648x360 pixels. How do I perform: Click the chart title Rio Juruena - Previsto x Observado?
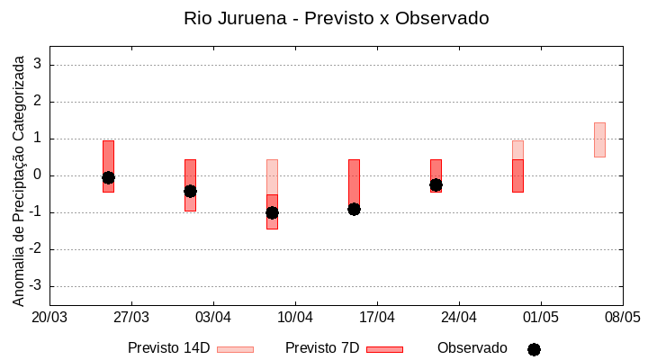pos(336,18)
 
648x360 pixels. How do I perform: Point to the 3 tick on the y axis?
pos(38,65)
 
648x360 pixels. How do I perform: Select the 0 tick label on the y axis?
pos(38,175)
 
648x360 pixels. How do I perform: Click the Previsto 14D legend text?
pos(168,348)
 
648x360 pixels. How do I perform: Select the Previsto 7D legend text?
pos(322,348)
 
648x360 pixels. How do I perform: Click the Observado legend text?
pos(472,348)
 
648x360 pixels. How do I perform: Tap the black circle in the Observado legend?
pos(534,349)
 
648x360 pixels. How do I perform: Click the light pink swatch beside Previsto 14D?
pos(235,349)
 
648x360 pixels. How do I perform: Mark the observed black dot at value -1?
pos(272,212)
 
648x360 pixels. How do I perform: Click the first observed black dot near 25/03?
pos(108,177)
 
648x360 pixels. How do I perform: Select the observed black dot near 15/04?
pos(354,209)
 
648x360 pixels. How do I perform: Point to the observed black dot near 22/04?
pos(436,184)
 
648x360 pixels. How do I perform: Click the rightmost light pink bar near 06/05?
pos(599,139)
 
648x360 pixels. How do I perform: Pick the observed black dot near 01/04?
pos(190,191)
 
